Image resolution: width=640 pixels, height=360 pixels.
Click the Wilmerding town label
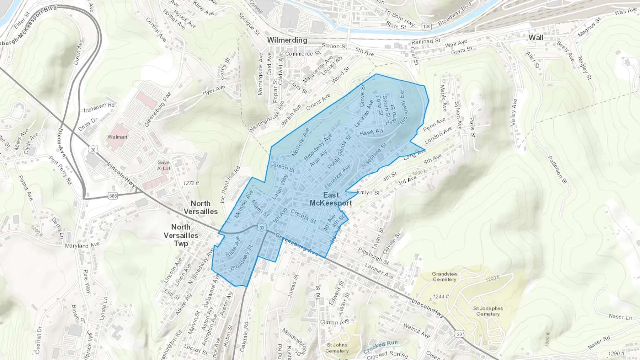[x=287, y=40]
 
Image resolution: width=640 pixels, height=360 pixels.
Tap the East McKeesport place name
[x=331, y=199]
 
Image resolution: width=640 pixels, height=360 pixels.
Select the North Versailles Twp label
[x=181, y=235]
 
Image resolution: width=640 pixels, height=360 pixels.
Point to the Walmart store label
[x=117, y=137]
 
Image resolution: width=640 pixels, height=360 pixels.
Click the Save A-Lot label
[x=164, y=166]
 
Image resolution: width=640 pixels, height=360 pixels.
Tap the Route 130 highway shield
[x=427, y=26]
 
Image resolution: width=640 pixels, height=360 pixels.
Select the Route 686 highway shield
[x=113, y=196]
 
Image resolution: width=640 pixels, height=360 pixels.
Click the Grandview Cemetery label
[x=444, y=276]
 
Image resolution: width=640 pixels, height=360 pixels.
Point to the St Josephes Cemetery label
[x=488, y=311]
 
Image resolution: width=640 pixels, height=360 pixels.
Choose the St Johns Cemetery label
[x=337, y=348]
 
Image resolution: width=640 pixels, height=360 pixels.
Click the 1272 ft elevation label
[x=191, y=183]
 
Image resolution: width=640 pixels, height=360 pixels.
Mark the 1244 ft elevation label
[x=441, y=296]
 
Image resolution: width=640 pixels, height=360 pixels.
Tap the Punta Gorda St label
[x=339, y=152]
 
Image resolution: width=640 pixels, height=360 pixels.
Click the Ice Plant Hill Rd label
[x=230, y=184]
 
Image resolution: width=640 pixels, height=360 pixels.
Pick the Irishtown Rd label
[x=99, y=107]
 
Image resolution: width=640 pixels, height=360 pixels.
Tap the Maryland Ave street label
[x=82, y=245]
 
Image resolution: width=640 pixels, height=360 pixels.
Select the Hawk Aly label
[x=372, y=132]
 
